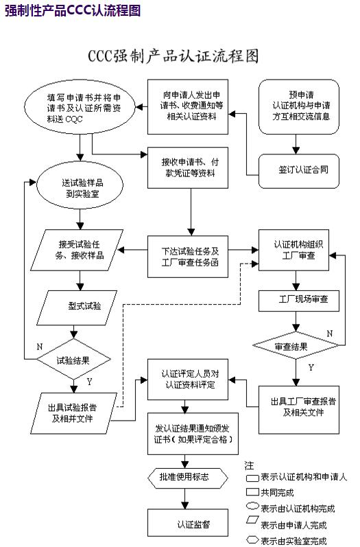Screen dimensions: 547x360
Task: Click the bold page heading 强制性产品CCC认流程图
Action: (x=72, y=10)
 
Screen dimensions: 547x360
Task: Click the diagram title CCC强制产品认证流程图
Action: (x=173, y=56)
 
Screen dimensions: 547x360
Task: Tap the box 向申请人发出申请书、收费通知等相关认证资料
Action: (x=189, y=106)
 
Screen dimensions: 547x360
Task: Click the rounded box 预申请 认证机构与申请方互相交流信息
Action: (x=299, y=106)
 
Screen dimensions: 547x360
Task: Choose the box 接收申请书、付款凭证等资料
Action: (x=189, y=167)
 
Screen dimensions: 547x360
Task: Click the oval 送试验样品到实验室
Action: (x=81, y=187)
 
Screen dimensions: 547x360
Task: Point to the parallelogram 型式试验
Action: (x=80, y=305)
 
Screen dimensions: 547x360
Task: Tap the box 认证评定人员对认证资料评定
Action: (x=189, y=379)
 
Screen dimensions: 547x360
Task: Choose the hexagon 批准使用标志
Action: (x=188, y=476)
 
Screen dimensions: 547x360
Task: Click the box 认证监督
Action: (x=189, y=524)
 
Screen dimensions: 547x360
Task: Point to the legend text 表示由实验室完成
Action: (x=293, y=541)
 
